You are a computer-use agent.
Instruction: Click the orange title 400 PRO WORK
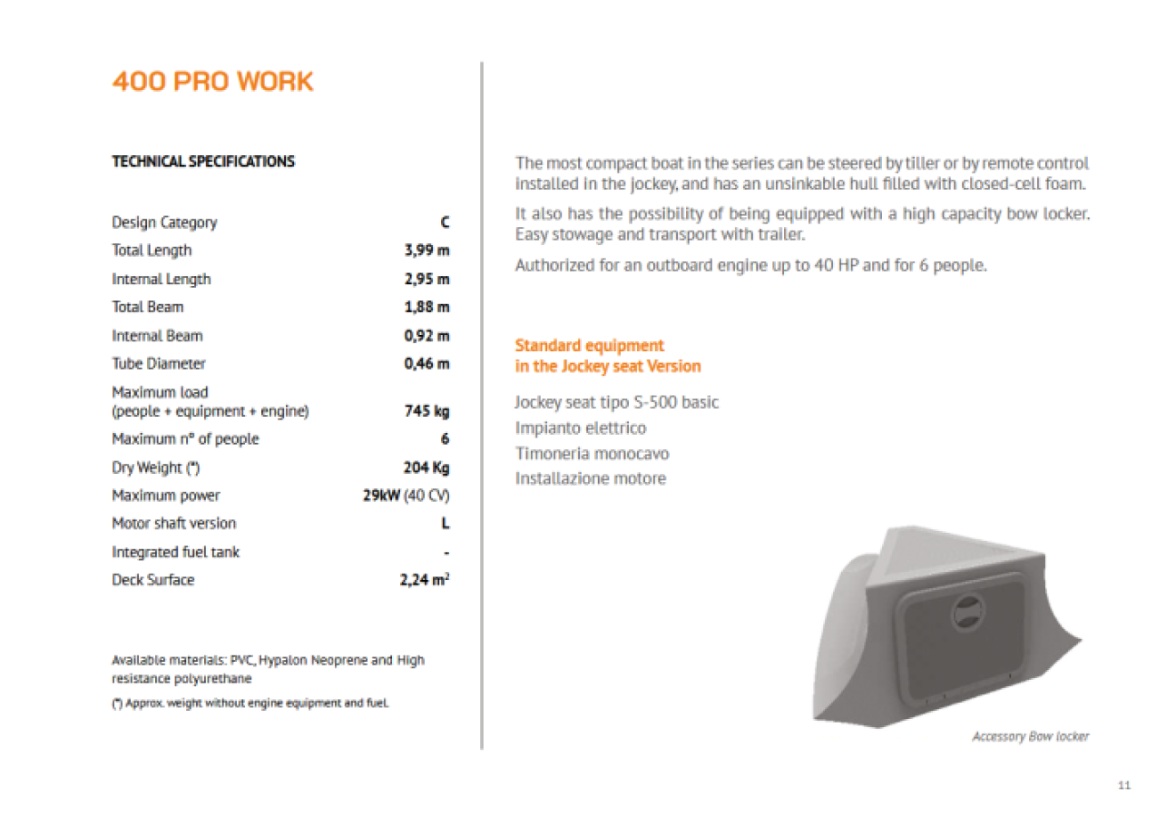212,82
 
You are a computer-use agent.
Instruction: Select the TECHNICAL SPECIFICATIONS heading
203,162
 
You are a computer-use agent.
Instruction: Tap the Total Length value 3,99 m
426,251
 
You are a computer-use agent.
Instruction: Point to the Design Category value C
445,222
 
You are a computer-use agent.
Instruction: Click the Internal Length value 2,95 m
426,279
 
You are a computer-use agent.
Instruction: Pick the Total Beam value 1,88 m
426,307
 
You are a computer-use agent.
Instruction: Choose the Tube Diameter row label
159,363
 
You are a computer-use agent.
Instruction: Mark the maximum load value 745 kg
426,411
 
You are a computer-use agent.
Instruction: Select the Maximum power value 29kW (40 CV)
406,496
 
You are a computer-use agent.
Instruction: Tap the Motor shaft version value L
446,524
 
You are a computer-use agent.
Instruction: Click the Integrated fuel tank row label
175,552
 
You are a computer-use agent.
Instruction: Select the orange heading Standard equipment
590,346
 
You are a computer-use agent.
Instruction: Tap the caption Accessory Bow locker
1030,736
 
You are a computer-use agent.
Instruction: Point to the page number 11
1124,785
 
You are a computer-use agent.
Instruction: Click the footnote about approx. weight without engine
250,704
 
